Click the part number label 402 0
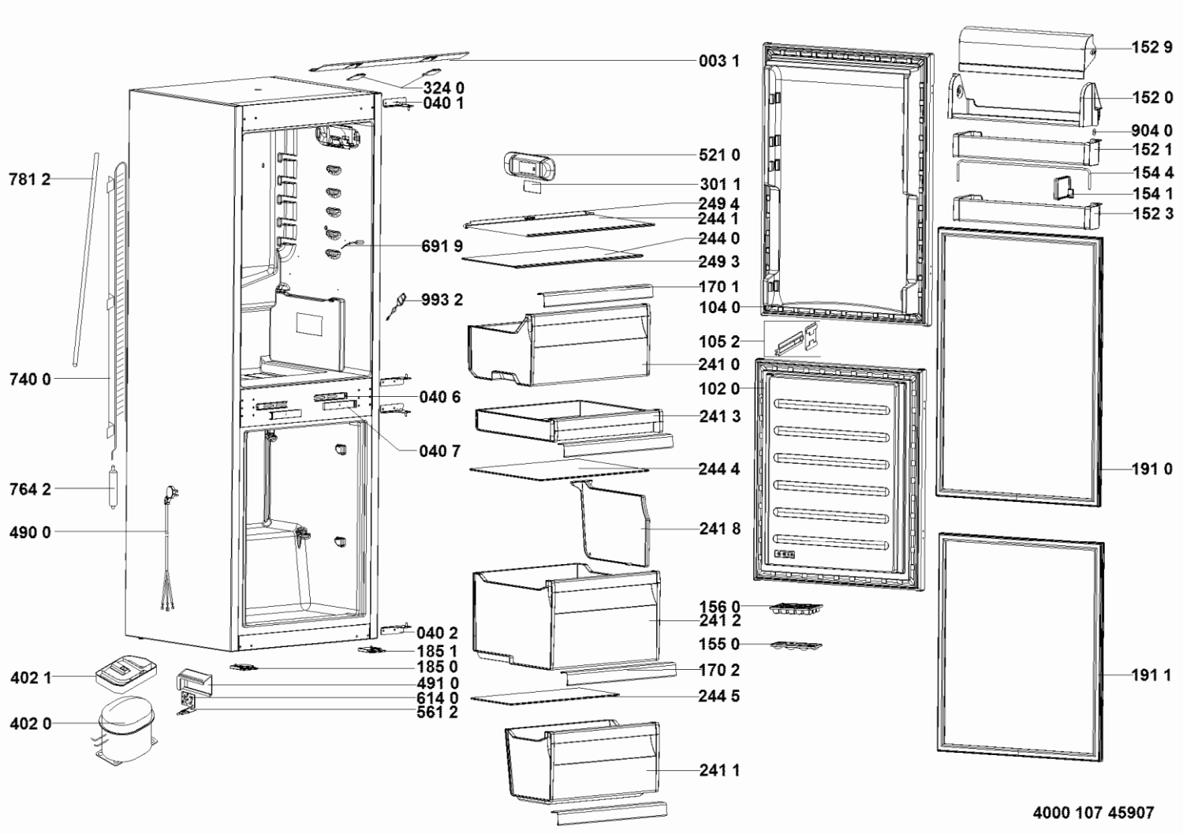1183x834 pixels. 31,723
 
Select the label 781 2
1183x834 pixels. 30,179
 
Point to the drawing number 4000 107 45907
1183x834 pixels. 1093,813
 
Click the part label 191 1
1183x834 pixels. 1151,675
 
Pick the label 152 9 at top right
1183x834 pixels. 1151,47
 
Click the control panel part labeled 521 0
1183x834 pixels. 528,166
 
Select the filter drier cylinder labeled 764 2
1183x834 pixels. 112,487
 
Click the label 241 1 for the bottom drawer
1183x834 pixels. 720,770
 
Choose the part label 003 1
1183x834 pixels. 719,61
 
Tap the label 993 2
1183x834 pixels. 442,300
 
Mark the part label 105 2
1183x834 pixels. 720,342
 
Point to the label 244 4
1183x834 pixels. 719,469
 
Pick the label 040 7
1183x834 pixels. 440,451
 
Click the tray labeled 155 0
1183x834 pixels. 796,645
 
